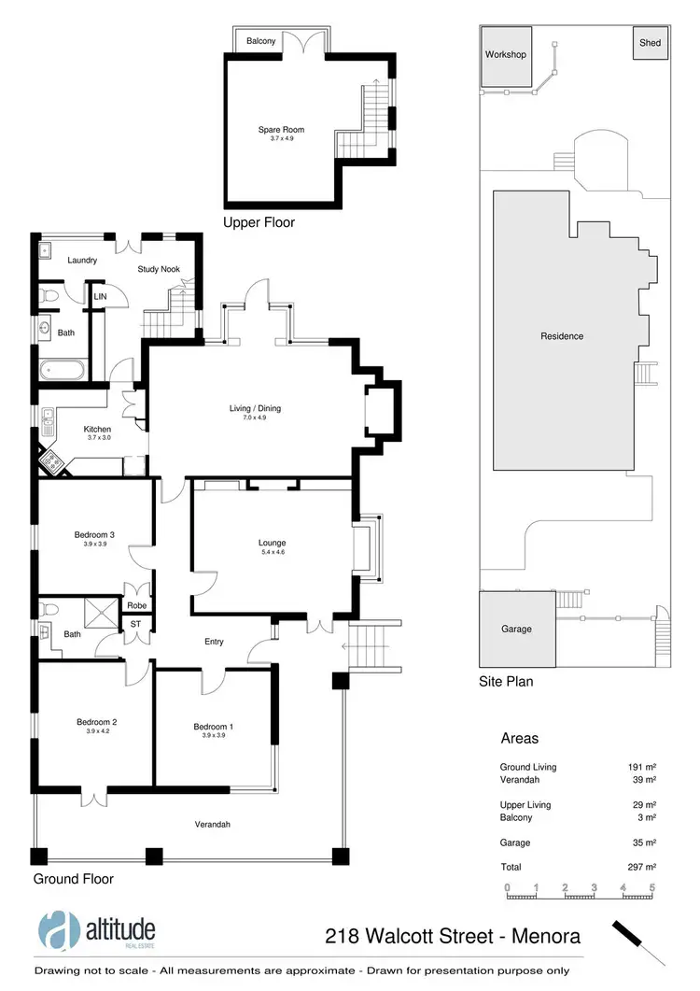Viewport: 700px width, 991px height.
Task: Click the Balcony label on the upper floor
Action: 260,42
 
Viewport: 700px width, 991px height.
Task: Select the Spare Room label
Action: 281,130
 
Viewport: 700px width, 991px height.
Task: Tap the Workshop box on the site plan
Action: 505,55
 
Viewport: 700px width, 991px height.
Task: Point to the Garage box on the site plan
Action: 516,629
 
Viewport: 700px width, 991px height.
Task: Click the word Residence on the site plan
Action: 561,336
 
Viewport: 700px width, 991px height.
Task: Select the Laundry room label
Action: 81,261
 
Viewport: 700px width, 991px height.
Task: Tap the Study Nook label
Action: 158,270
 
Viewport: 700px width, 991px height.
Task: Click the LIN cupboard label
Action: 100,298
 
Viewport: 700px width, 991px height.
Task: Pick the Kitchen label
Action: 97,429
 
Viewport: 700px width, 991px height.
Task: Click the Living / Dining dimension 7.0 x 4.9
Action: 255,418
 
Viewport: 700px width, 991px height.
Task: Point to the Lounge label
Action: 272,543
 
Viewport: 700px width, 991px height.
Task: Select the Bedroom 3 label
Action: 93,535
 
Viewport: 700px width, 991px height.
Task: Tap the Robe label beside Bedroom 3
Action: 136,604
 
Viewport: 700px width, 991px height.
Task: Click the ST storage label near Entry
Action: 135,623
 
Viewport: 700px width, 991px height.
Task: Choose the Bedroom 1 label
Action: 214,727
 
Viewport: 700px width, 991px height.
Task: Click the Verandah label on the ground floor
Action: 212,825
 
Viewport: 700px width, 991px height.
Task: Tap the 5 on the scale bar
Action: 652,887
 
